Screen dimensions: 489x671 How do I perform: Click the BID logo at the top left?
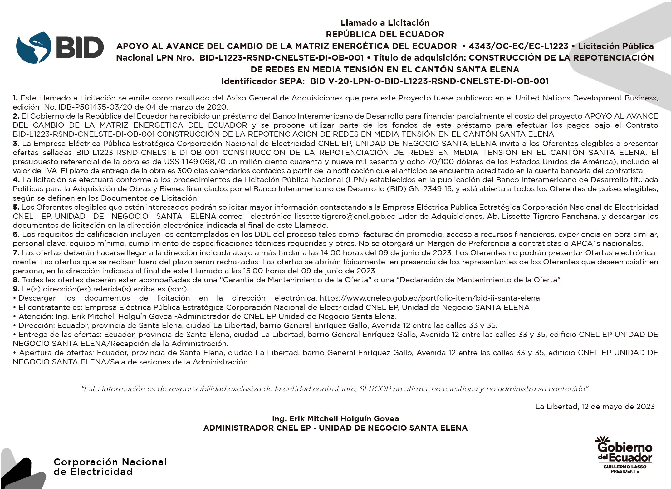[x=60, y=47]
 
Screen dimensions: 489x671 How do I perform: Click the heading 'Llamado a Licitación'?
[x=385, y=22]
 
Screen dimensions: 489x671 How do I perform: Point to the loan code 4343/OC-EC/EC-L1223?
[x=518, y=46]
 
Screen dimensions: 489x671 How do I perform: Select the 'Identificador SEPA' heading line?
[x=385, y=81]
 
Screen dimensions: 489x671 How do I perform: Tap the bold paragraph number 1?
[x=15, y=98]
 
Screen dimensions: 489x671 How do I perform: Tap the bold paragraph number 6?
[x=16, y=234]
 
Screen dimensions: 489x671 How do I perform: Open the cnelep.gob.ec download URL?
[x=429, y=298]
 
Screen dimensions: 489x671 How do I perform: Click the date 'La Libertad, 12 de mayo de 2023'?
[x=595, y=407]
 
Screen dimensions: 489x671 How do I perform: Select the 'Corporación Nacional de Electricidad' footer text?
[x=110, y=467]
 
